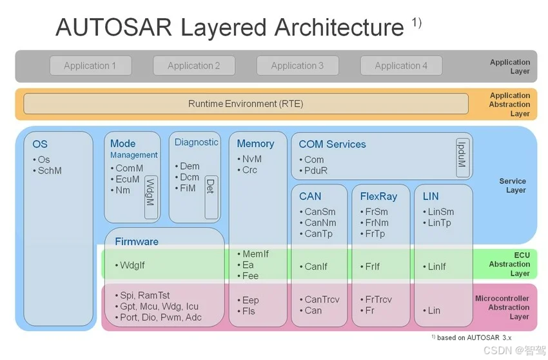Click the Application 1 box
pos(90,66)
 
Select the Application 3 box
pos(297,66)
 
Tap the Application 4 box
pos(401,66)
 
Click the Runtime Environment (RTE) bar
pos(246,104)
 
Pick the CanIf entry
pos(315,266)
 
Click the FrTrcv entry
pos(378,299)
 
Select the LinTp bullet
pos(439,223)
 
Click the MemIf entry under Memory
pos(255,254)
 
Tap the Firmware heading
pos(137,242)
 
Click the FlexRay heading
pos(379,196)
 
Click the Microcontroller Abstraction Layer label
pos(502,308)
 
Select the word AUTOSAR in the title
pos(112,28)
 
